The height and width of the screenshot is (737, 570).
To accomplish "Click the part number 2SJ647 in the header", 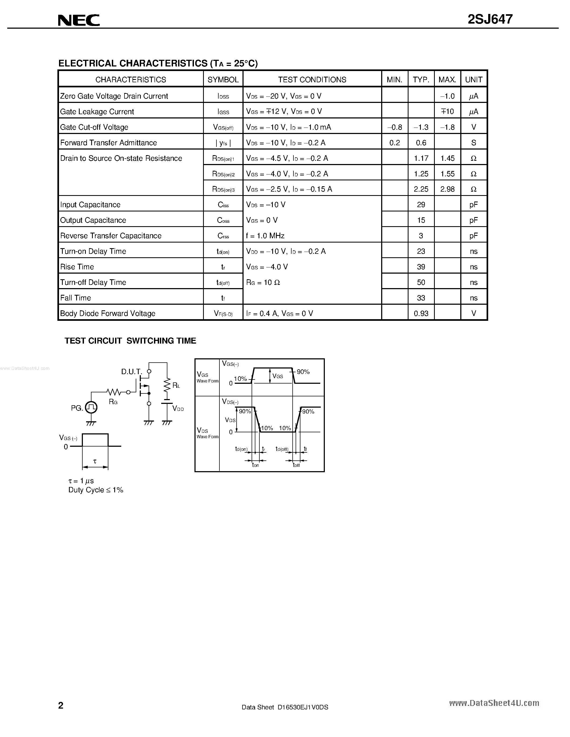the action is coord(490,19).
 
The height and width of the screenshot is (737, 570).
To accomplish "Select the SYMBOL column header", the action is coord(223,80).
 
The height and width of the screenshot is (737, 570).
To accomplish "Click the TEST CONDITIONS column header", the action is coord(312,80).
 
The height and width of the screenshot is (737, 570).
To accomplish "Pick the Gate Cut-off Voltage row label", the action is coord(94,127).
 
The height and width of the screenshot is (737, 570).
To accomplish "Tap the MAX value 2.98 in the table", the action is coord(447,189).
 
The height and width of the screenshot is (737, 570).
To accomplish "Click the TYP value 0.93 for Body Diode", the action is coord(421,314).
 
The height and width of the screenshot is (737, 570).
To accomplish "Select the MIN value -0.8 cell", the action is coord(395,127).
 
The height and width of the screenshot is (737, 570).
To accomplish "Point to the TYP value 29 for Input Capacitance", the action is coord(421,205).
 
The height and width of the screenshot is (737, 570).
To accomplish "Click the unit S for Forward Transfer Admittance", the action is coord(473,143).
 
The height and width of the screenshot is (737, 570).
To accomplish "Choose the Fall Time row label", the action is coord(76,298).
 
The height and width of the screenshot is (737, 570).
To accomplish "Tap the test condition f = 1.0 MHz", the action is coord(265,236).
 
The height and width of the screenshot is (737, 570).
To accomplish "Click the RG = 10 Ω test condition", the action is coord(263,282).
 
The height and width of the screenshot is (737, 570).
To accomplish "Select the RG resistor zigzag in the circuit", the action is coord(114,392).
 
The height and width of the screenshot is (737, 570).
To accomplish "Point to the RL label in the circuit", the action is coord(176,385).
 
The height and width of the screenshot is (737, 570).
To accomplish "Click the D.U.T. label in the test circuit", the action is coord(131,371).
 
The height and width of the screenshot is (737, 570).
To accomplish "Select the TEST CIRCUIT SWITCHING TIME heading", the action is coord(130,341).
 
